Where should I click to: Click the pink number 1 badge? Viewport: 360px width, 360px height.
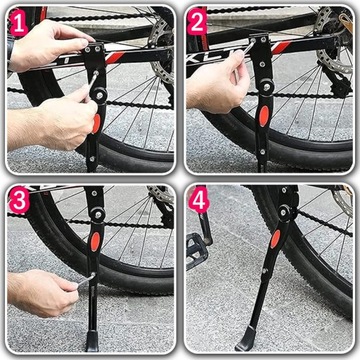[19, 22]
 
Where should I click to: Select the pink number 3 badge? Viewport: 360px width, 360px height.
[19, 201]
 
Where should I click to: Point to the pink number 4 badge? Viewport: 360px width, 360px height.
[199, 200]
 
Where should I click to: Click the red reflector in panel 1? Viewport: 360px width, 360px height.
[96, 123]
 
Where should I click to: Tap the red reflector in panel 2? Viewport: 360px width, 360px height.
[264, 116]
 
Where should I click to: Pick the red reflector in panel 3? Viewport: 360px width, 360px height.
[95, 241]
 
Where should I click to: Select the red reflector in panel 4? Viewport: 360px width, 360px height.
[275, 239]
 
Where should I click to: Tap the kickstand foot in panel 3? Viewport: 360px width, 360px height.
[92, 341]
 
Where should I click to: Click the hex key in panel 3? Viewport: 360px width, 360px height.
[85, 279]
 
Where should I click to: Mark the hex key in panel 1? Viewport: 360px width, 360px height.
[91, 83]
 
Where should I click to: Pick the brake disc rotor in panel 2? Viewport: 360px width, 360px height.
[333, 40]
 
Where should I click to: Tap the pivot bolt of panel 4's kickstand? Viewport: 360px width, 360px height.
[283, 212]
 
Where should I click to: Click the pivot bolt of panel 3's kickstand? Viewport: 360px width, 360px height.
[98, 214]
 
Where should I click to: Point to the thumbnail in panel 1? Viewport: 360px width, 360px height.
[82, 43]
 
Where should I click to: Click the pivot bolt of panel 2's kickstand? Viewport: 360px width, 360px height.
[267, 87]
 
